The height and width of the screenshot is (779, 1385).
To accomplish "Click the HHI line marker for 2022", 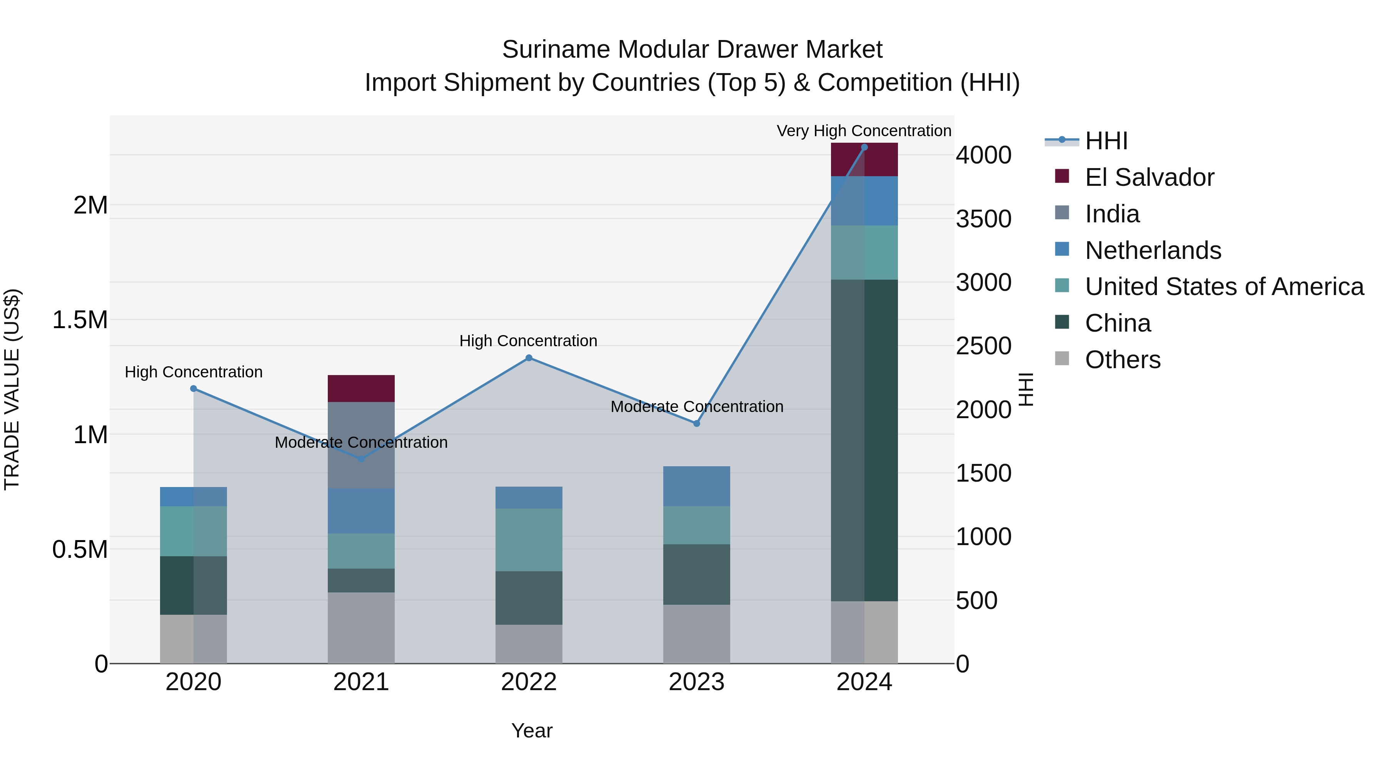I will tap(529, 358).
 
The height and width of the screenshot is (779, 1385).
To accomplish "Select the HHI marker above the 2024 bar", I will tap(864, 147).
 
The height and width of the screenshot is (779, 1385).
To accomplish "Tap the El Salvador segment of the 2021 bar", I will tap(361, 388).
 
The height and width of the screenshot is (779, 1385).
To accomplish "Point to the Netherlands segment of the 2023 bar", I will tap(696, 486).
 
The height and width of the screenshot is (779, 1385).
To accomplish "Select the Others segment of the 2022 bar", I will tap(529, 644).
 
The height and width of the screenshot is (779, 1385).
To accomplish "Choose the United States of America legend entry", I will tap(1224, 287).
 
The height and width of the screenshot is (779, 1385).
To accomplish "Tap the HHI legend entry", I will tap(1106, 141).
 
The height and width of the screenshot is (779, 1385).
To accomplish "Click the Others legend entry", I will tap(1122, 360).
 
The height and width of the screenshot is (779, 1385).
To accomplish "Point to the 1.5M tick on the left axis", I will tap(80, 320).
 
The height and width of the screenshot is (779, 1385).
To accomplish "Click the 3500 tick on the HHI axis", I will tap(983, 219).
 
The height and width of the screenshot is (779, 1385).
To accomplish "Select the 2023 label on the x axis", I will tap(696, 682).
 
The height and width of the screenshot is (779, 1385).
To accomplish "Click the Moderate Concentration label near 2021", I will tap(361, 442).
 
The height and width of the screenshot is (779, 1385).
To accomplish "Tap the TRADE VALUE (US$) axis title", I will tap(12, 389).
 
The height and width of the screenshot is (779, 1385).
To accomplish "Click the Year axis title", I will tap(532, 731).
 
